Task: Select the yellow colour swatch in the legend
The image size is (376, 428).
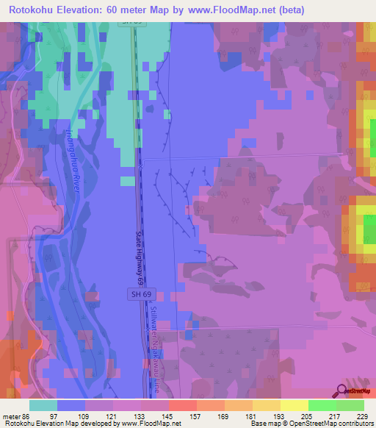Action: [x=294, y=404]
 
